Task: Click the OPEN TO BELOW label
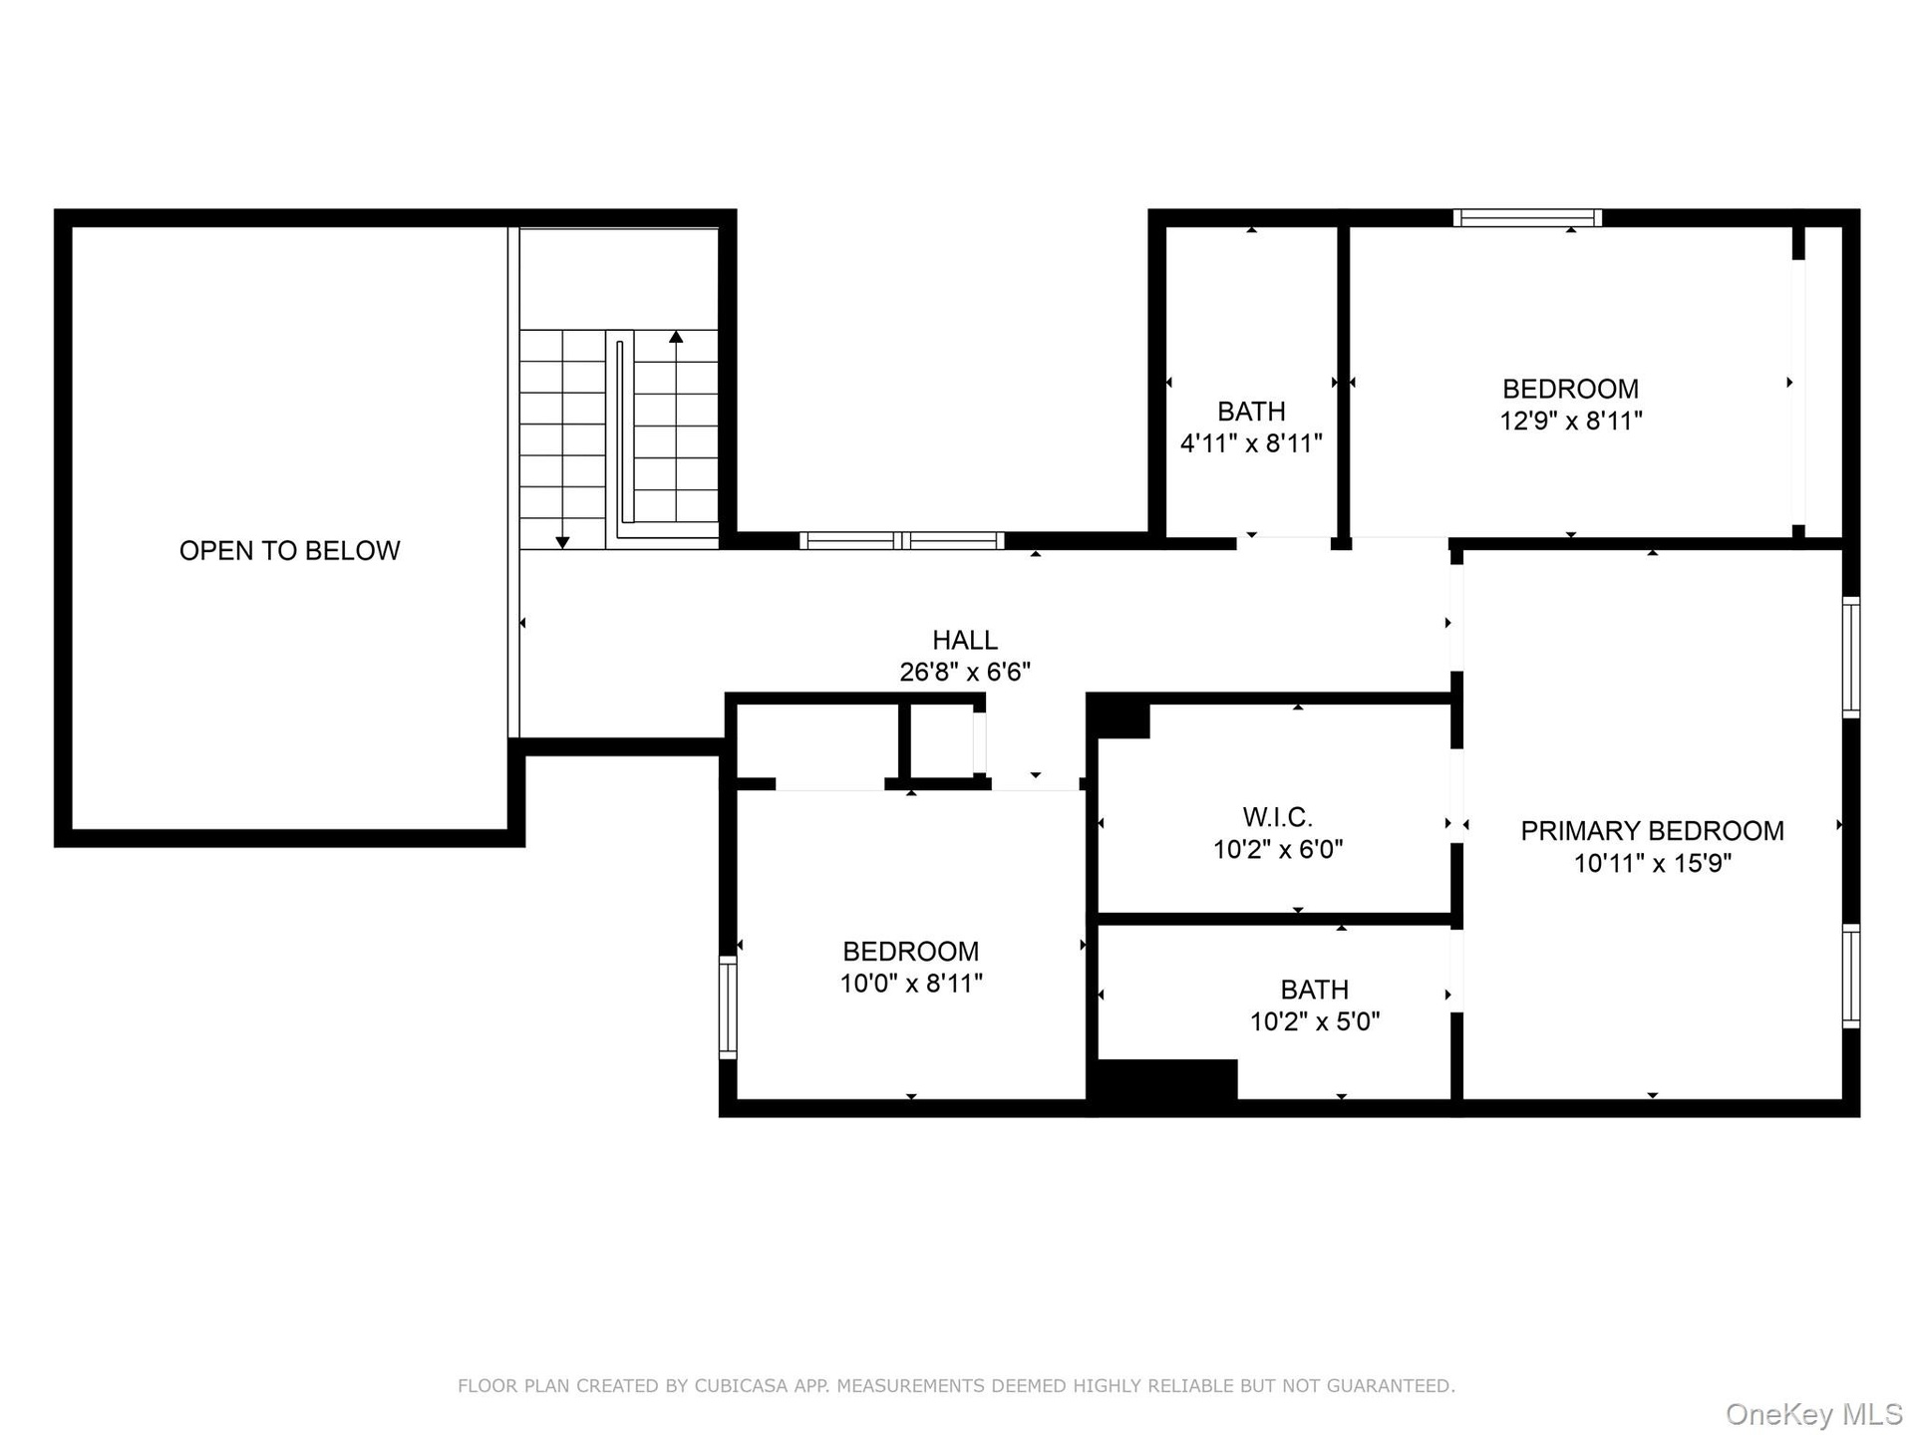[x=289, y=550]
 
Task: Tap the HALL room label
[x=964, y=640]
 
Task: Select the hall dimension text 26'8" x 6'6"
[x=964, y=672]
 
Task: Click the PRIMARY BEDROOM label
[x=1652, y=831]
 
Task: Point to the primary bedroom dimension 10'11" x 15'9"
[x=1652, y=863]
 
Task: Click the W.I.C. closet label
[x=1277, y=817]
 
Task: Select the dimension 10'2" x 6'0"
[x=1277, y=849]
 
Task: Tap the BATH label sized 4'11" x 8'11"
[x=1251, y=411]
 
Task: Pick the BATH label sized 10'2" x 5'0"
[x=1314, y=990]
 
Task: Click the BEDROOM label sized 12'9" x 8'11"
[x=1570, y=389]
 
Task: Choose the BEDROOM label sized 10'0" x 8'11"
[x=910, y=952]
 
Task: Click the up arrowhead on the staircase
[x=676, y=337]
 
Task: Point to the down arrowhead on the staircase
[x=562, y=542]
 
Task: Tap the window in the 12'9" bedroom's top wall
[x=1527, y=217]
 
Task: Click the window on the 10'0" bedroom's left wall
[x=728, y=1006]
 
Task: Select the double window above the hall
[x=901, y=540]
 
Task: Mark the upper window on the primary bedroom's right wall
[x=1851, y=657]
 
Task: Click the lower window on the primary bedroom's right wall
[x=1851, y=976]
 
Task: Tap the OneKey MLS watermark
[x=1814, y=1413]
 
